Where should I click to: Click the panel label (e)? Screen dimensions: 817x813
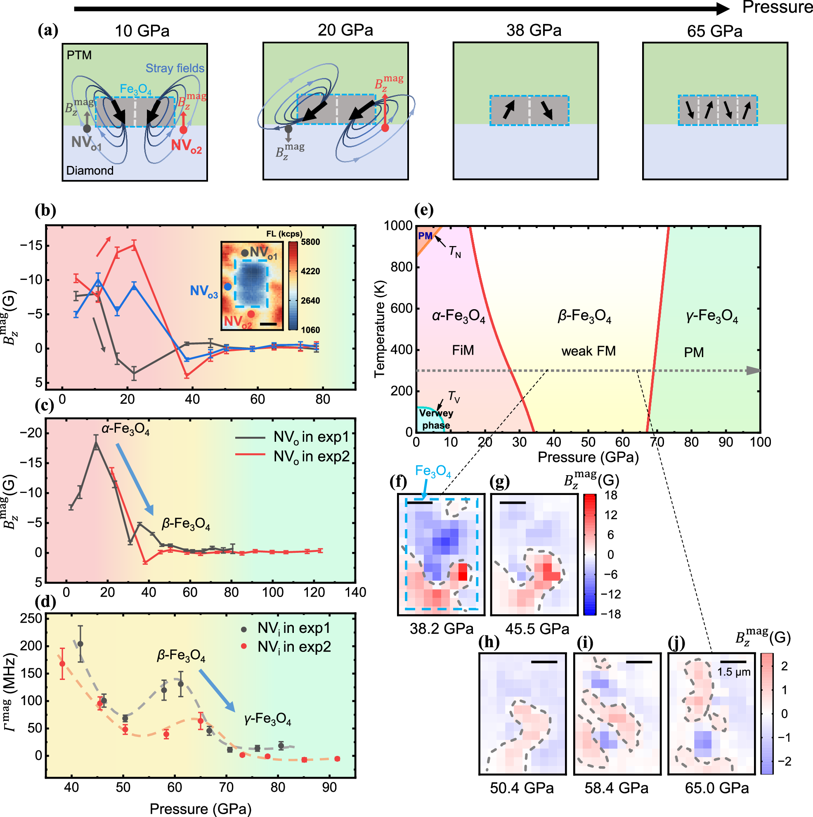click(423, 210)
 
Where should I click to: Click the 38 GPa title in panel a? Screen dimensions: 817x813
click(534, 31)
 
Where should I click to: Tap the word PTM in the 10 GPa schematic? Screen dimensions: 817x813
click(79, 55)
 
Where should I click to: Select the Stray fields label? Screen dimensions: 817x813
click(175, 69)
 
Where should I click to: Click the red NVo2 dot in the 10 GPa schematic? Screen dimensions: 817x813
click(183, 130)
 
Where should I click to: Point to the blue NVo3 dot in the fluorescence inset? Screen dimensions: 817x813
click(227, 287)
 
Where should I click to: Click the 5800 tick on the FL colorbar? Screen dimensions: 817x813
click(310, 242)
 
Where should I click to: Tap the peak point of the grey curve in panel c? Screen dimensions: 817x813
click(96, 443)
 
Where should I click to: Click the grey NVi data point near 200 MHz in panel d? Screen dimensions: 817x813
click(80, 644)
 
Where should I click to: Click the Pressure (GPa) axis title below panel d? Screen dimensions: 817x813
click(201, 809)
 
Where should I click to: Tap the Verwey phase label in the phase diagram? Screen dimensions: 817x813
click(435, 419)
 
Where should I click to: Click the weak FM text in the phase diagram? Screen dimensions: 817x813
click(588, 351)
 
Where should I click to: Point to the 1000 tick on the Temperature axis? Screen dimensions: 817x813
click(397, 226)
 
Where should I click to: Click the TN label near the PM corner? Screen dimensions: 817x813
click(454, 252)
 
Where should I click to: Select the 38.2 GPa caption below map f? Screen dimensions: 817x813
click(442, 629)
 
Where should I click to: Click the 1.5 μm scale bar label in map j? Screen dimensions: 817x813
click(733, 673)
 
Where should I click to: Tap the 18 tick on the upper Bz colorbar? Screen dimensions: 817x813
click(611, 495)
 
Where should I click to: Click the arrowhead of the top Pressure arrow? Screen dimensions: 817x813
click(723, 8)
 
